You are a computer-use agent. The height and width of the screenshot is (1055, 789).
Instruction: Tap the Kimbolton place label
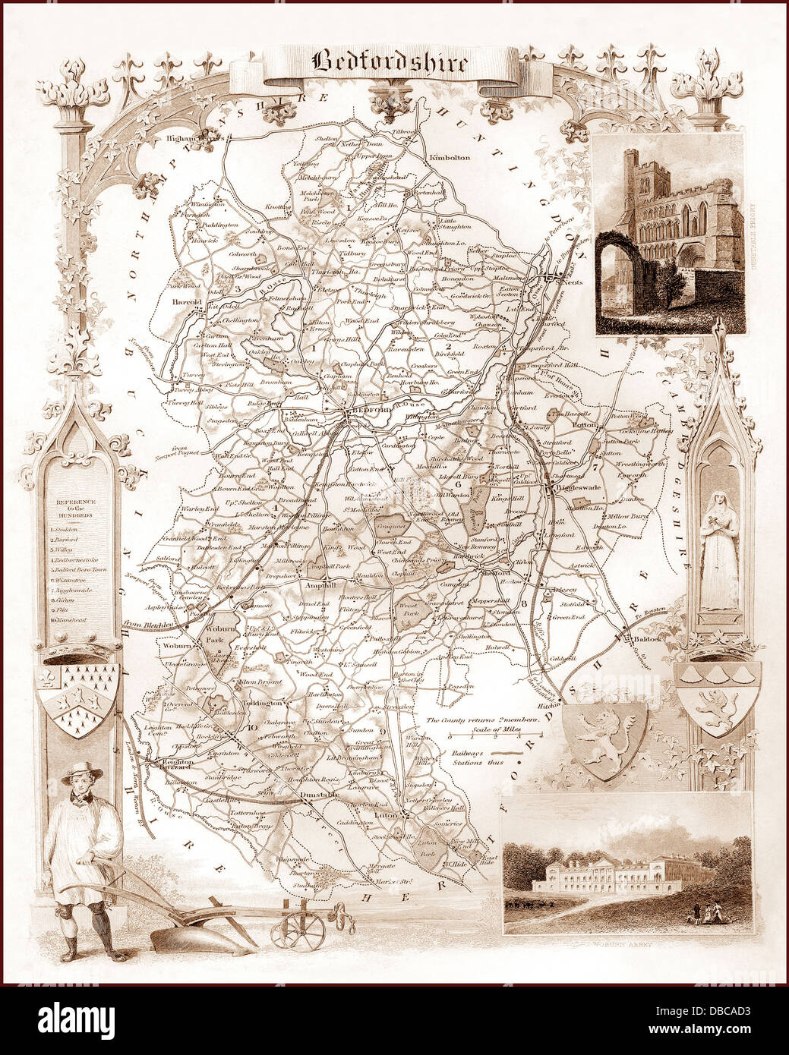click(450, 157)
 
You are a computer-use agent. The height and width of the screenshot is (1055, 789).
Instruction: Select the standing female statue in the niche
click(718, 549)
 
